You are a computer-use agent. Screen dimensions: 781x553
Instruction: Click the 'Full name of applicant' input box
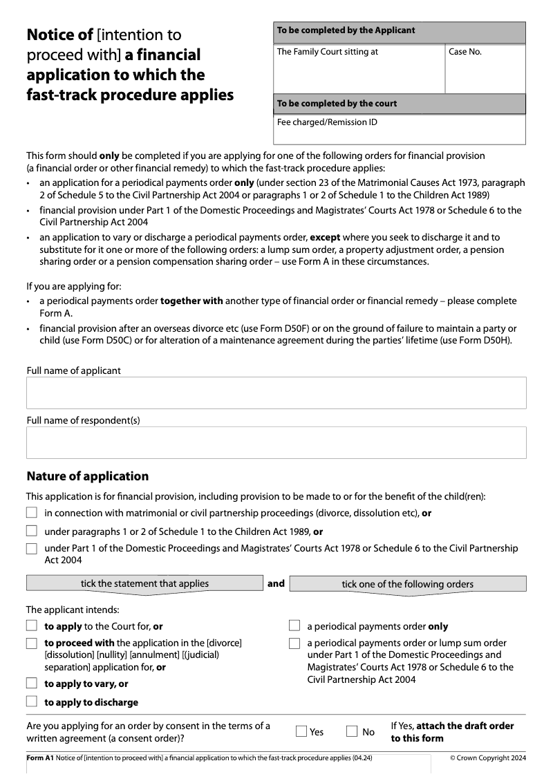click(276, 393)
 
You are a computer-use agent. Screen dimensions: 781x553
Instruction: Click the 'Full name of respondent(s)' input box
click(276, 442)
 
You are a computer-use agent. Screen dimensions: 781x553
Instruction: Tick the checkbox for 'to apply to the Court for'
click(32, 625)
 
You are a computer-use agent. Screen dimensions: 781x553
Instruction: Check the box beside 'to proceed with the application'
click(32, 643)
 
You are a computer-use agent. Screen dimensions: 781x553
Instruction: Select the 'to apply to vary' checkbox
click(32, 683)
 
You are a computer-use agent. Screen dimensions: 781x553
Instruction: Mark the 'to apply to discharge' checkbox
click(32, 702)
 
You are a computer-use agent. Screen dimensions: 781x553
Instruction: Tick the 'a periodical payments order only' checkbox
click(294, 625)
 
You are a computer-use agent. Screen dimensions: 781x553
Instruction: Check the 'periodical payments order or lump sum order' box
click(294, 643)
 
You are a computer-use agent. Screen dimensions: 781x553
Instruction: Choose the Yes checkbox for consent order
click(301, 731)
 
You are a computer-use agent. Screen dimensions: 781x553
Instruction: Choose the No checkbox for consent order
click(352, 731)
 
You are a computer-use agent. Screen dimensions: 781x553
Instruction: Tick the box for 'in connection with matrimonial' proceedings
click(32, 513)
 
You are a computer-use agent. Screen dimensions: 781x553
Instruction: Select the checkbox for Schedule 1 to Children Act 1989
click(32, 531)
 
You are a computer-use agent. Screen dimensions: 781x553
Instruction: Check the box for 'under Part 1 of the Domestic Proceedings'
click(32, 549)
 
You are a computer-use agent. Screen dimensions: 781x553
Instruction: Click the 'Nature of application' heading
click(87, 476)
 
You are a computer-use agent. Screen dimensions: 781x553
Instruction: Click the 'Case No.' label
click(465, 52)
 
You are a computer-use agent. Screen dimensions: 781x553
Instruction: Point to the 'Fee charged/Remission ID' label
click(327, 122)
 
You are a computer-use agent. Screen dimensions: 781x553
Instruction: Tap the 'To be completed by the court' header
click(337, 104)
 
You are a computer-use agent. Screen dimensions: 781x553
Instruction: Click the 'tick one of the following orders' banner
click(407, 584)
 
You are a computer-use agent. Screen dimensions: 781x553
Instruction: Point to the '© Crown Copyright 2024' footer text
click(488, 758)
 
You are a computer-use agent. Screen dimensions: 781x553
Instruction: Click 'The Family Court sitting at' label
click(327, 52)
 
